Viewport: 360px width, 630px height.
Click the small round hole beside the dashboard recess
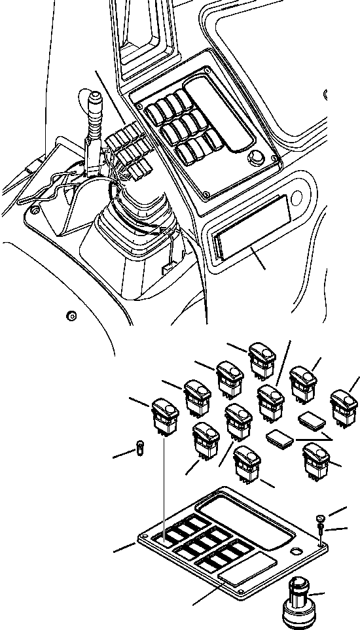298,197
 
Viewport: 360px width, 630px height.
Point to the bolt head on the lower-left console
71,317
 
